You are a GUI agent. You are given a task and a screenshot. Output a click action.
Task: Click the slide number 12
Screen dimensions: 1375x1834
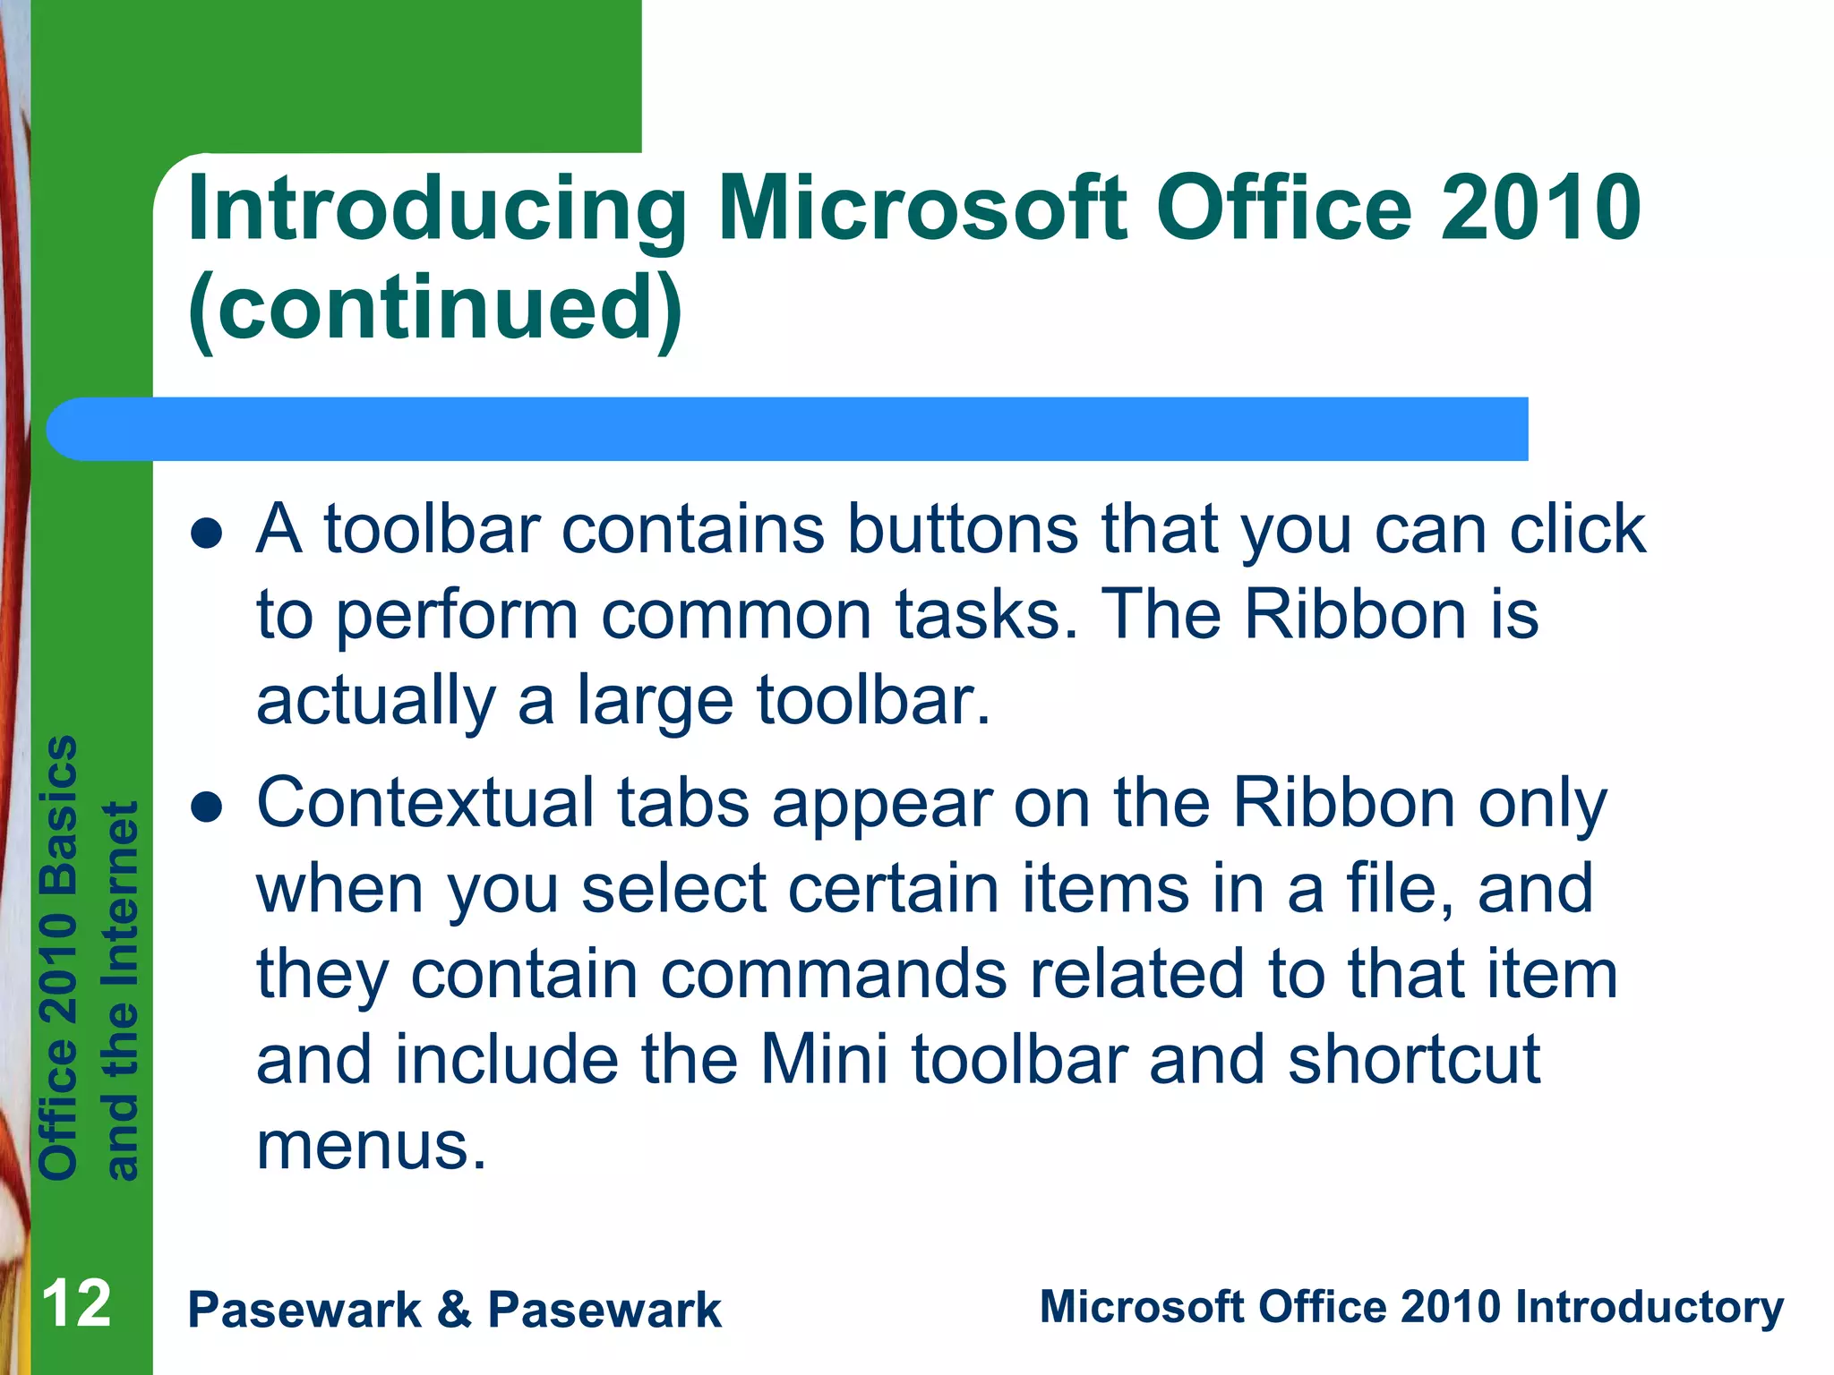click(x=76, y=1304)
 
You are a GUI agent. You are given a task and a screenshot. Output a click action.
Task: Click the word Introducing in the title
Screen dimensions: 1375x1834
click(x=437, y=210)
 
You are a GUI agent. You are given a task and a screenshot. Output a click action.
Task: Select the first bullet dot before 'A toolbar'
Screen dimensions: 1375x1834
click(x=207, y=534)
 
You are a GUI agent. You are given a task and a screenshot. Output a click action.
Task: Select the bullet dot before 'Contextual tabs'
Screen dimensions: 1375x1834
click(x=207, y=807)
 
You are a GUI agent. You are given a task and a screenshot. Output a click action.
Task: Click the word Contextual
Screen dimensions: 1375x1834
click(x=425, y=803)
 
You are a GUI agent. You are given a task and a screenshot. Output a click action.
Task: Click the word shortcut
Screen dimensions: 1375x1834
click(x=1414, y=1060)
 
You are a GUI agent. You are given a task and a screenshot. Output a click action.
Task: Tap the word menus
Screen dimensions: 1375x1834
click(x=372, y=1146)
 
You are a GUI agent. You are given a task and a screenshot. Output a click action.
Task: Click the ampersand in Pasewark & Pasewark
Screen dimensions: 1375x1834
click(x=455, y=1311)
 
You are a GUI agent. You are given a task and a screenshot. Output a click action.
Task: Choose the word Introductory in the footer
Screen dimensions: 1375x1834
click(x=1649, y=1307)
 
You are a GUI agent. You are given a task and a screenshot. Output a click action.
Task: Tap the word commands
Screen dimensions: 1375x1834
click(x=833, y=974)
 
